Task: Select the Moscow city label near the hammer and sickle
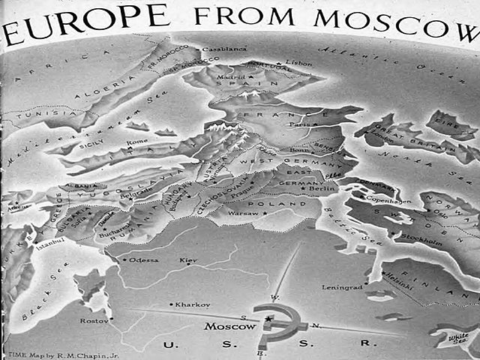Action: (229, 328)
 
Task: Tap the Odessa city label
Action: (145, 260)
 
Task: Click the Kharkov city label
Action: (193, 304)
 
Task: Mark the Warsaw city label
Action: (241, 213)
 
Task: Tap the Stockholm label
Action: (422, 243)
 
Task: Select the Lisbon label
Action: (298, 64)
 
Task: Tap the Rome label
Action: (138, 142)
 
